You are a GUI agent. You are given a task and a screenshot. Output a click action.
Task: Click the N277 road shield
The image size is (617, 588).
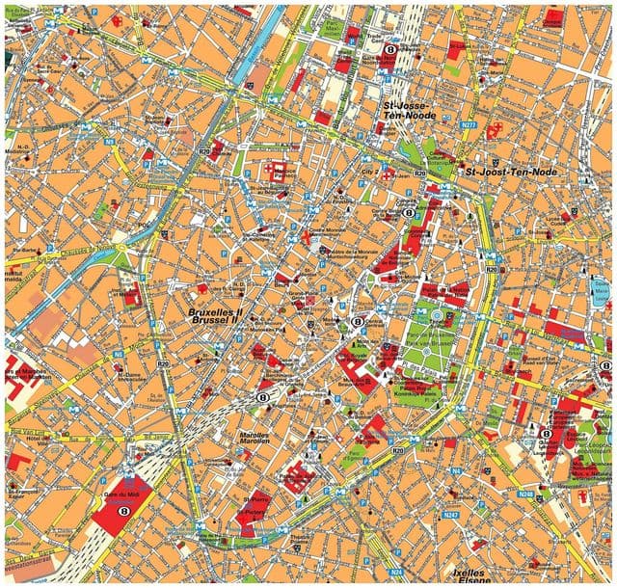(x=470, y=124)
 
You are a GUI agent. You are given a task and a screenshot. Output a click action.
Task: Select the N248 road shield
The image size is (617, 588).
(x=525, y=494)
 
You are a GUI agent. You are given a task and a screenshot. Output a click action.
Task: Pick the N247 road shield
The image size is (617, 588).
(x=450, y=516)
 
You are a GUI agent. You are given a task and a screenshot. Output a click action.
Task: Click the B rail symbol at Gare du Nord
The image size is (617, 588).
(x=390, y=49)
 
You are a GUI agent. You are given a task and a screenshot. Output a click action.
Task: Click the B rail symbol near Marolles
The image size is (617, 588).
(x=262, y=396)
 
